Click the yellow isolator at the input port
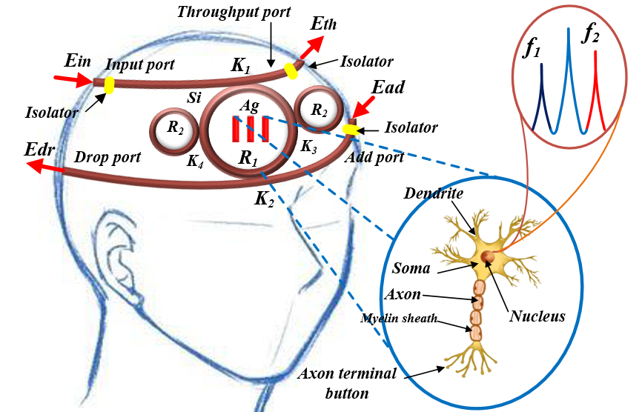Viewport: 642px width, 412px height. pyautogui.click(x=109, y=85)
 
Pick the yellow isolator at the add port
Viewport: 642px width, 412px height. pyautogui.click(x=350, y=130)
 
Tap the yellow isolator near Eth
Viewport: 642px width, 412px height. pyautogui.click(x=291, y=70)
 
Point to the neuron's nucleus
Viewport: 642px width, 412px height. pyautogui.click(x=487, y=256)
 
